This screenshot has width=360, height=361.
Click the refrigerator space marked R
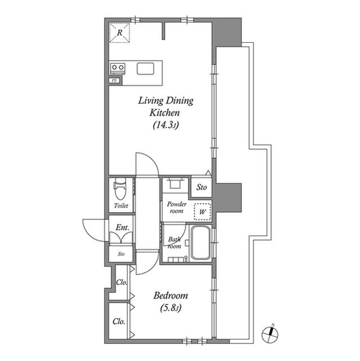(x=119, y=33)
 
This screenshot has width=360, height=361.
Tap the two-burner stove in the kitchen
(x=118, y=68)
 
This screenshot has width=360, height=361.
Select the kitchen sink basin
(x=145, y=69)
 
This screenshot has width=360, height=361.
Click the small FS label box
(x=114, y=81)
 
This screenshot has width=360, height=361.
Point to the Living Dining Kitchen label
(x=166, y=107)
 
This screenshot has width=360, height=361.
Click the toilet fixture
(x=120, y=188)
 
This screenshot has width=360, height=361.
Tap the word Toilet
(x=121, y=205)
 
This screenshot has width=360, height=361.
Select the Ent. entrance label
(x=122, y=227)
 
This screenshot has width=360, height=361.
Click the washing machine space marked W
(x=202, y=212)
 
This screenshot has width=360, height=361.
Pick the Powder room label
(x=176, y=208)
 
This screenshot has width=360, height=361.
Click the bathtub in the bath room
(x=201, y=243)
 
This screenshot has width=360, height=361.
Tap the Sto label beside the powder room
(x=201, y=187)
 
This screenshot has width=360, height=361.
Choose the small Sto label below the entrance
(x=121, y=254)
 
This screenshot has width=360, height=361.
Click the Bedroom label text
(x=171, y=296)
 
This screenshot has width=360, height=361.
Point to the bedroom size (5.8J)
(x=171, y=308)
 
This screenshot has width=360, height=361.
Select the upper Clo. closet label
(x=122, y=282)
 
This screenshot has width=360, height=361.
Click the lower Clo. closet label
(x=119, y=322)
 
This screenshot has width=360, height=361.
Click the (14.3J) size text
(x=166, y=125)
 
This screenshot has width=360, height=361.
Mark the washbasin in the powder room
(x=175, y=183)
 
